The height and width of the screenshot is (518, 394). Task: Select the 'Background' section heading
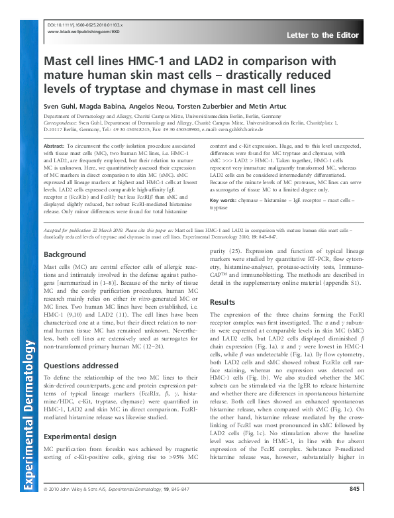point(64,254)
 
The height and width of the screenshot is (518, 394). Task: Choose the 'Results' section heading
point(222,302)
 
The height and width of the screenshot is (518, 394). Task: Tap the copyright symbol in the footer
point(45,507)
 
